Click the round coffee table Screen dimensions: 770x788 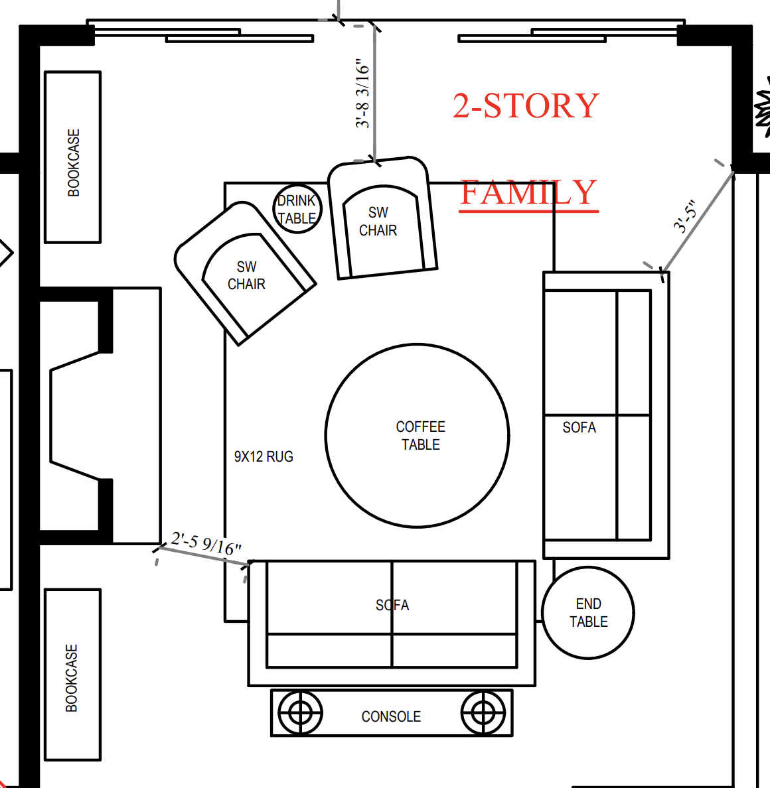point(417,436)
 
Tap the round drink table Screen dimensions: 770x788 point(297,208)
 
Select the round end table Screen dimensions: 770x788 point(588,613)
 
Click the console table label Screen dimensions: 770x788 point(391,716)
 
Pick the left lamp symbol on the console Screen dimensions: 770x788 point(300,712)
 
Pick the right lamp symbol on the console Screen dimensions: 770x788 point(483,712)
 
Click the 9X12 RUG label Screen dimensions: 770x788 point(264,456)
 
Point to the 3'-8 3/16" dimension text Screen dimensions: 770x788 point(362,94)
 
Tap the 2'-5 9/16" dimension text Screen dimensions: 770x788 point(206,544)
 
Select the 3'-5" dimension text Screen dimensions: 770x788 point(686,217)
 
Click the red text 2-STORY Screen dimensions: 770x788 point(526,105)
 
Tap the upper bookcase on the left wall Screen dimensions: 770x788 point(73,157)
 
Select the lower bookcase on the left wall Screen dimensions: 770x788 point(73,675)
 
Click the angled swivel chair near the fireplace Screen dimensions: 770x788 point(245,273)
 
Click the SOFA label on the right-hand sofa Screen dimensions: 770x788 point(579,427)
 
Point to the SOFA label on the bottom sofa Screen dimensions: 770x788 point(392,605)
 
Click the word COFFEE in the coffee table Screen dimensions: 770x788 point(420,427)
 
